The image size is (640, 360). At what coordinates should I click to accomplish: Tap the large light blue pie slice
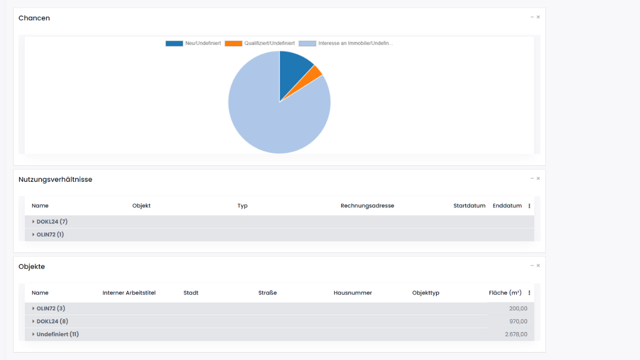272,117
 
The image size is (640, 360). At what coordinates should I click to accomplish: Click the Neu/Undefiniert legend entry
193,44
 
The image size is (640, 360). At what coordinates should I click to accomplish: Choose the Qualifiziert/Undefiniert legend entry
260,44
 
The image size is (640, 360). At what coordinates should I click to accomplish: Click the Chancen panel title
34,18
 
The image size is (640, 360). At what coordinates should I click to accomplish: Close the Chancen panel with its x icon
538,17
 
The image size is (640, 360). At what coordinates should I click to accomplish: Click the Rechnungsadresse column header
367,206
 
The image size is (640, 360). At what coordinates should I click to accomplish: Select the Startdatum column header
469,206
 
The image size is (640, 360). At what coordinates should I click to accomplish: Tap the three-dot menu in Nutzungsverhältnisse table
529,206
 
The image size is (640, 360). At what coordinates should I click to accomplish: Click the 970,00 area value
518,322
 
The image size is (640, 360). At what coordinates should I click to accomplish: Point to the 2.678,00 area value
516,335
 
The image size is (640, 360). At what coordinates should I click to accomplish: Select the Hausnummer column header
353,293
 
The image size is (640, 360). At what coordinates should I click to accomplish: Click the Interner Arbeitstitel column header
129,293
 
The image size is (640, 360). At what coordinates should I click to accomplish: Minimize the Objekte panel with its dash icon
532,266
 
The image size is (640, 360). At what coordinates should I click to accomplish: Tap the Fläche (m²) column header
505,293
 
